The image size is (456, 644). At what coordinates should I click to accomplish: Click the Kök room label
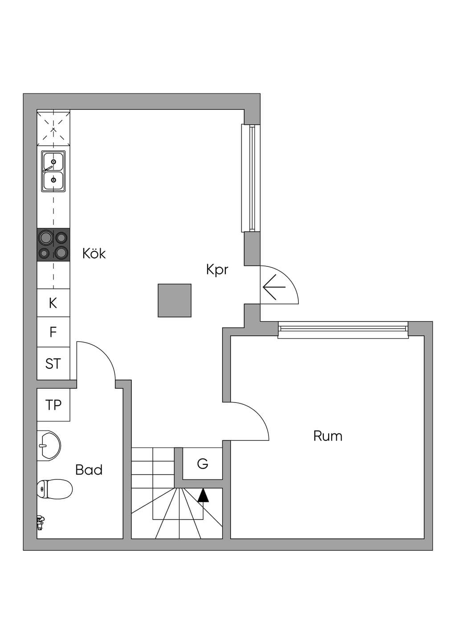[x=94, y=254]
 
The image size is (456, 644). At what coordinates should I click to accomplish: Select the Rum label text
[x=328, y=436]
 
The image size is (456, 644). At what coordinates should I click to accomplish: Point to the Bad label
[x=89, y=470]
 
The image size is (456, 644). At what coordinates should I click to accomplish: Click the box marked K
[x=53, y=303]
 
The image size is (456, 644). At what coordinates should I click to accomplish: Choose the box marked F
[x=53, y=332]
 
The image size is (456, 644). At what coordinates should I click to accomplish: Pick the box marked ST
[x=53, y=363]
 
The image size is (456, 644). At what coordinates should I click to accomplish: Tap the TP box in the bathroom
[x=53, y=405]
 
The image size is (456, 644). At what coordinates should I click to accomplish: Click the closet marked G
[x=203, y=463]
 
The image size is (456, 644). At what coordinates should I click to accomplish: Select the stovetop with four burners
[x=53, y=245]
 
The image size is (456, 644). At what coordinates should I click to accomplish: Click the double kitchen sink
[x=53, y=171]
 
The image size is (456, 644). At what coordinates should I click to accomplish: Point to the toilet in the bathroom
[x=54, y=489]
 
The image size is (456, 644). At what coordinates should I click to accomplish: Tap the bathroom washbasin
[x=49, y=446]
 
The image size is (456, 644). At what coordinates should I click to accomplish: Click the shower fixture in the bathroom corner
[x=41, y=523]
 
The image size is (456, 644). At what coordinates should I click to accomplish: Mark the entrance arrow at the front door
[x=274, y=287]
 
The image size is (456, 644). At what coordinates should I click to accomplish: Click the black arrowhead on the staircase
[x=203, y=495]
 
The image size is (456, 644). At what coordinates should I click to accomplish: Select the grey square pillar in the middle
[x=175, y=301]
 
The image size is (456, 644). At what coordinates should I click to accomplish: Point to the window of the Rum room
[x=343, y=330]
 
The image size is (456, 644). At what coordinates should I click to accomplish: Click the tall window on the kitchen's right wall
[x=251, y=178]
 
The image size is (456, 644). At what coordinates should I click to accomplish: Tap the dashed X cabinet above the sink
[x=53, y=128]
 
